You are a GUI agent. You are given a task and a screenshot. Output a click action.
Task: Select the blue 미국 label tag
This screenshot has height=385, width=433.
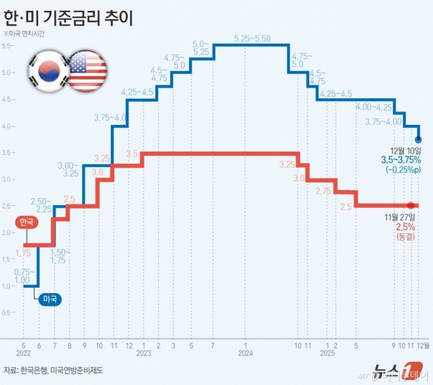click(x=48, y=298)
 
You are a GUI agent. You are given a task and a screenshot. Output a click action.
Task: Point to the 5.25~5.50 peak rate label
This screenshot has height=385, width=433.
click(x=252, y=38)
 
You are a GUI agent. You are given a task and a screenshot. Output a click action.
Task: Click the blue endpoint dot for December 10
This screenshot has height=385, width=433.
click(x=418, y=139)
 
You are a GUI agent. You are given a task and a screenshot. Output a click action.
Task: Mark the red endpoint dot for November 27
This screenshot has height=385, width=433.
click(x=411, y=205)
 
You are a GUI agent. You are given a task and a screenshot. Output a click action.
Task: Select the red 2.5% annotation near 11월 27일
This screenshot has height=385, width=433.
click(x=406, y=227)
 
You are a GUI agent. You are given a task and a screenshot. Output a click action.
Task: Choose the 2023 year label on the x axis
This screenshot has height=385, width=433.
click(x=143, y=352)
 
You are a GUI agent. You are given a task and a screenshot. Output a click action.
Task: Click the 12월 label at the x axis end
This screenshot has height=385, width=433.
click(x=422, y=344)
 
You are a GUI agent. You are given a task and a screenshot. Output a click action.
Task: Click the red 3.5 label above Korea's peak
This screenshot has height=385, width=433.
click(x=132, y=154)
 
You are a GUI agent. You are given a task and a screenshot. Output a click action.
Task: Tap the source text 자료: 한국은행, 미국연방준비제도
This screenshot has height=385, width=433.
click(x=53, y=370)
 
